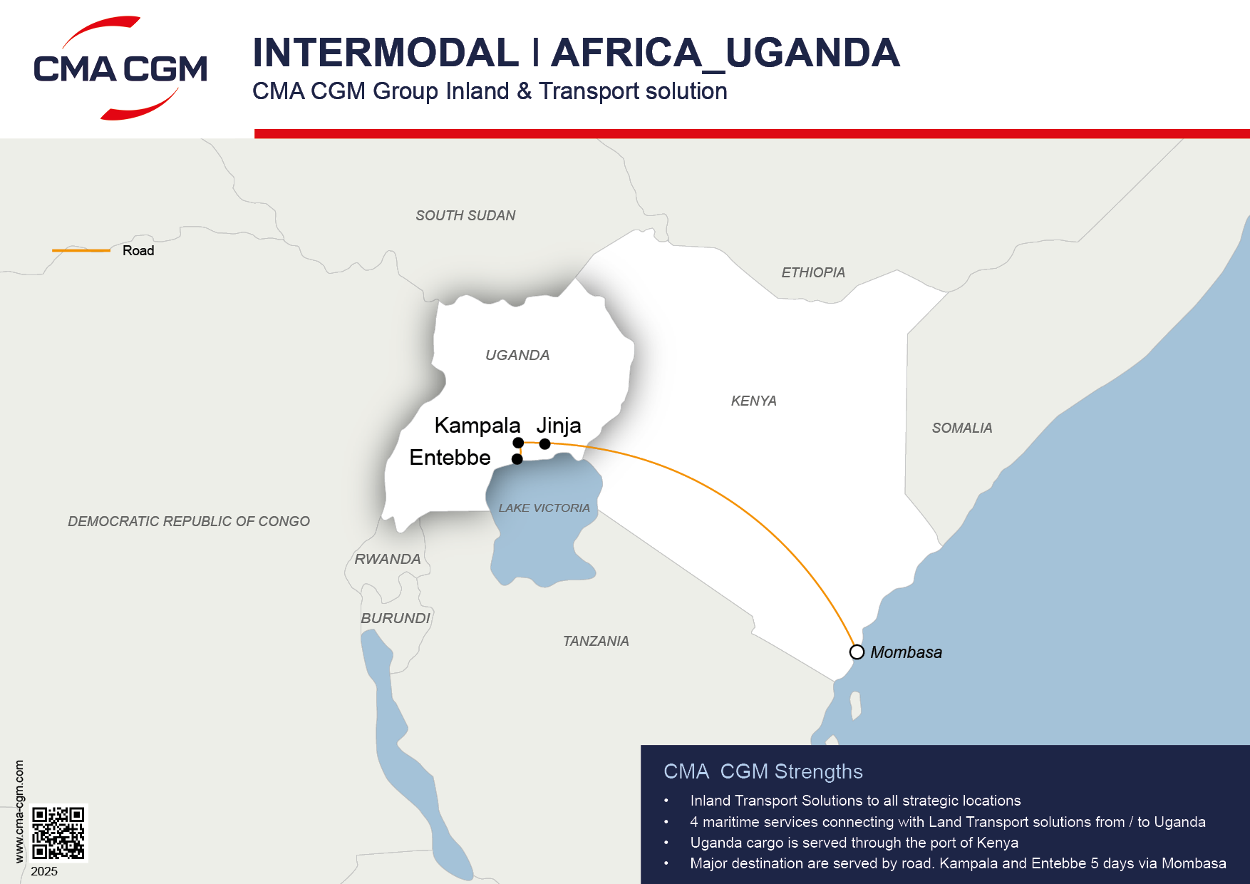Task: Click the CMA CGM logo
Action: (120, 68)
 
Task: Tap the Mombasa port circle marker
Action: (857, 652)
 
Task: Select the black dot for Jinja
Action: (544, 444)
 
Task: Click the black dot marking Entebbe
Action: (517, 459)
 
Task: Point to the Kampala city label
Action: (477, 426)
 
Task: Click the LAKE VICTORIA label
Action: (544, 508)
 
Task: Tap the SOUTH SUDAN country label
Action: (465, 215)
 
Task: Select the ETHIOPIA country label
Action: (812, 272)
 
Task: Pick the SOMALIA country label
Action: (961, 428)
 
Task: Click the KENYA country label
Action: (753, 401)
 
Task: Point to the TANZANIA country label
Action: (596, 641)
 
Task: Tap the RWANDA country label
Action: (388, 559)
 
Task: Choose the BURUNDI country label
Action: (396, 618)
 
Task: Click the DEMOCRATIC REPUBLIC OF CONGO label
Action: (189, 521)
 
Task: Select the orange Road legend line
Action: (81, 250)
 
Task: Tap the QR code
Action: (58, 833)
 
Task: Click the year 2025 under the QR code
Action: (44, 871)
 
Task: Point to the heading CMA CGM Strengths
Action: (763, 771)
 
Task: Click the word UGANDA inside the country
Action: (517, 355)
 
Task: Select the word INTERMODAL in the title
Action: (386, 53)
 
